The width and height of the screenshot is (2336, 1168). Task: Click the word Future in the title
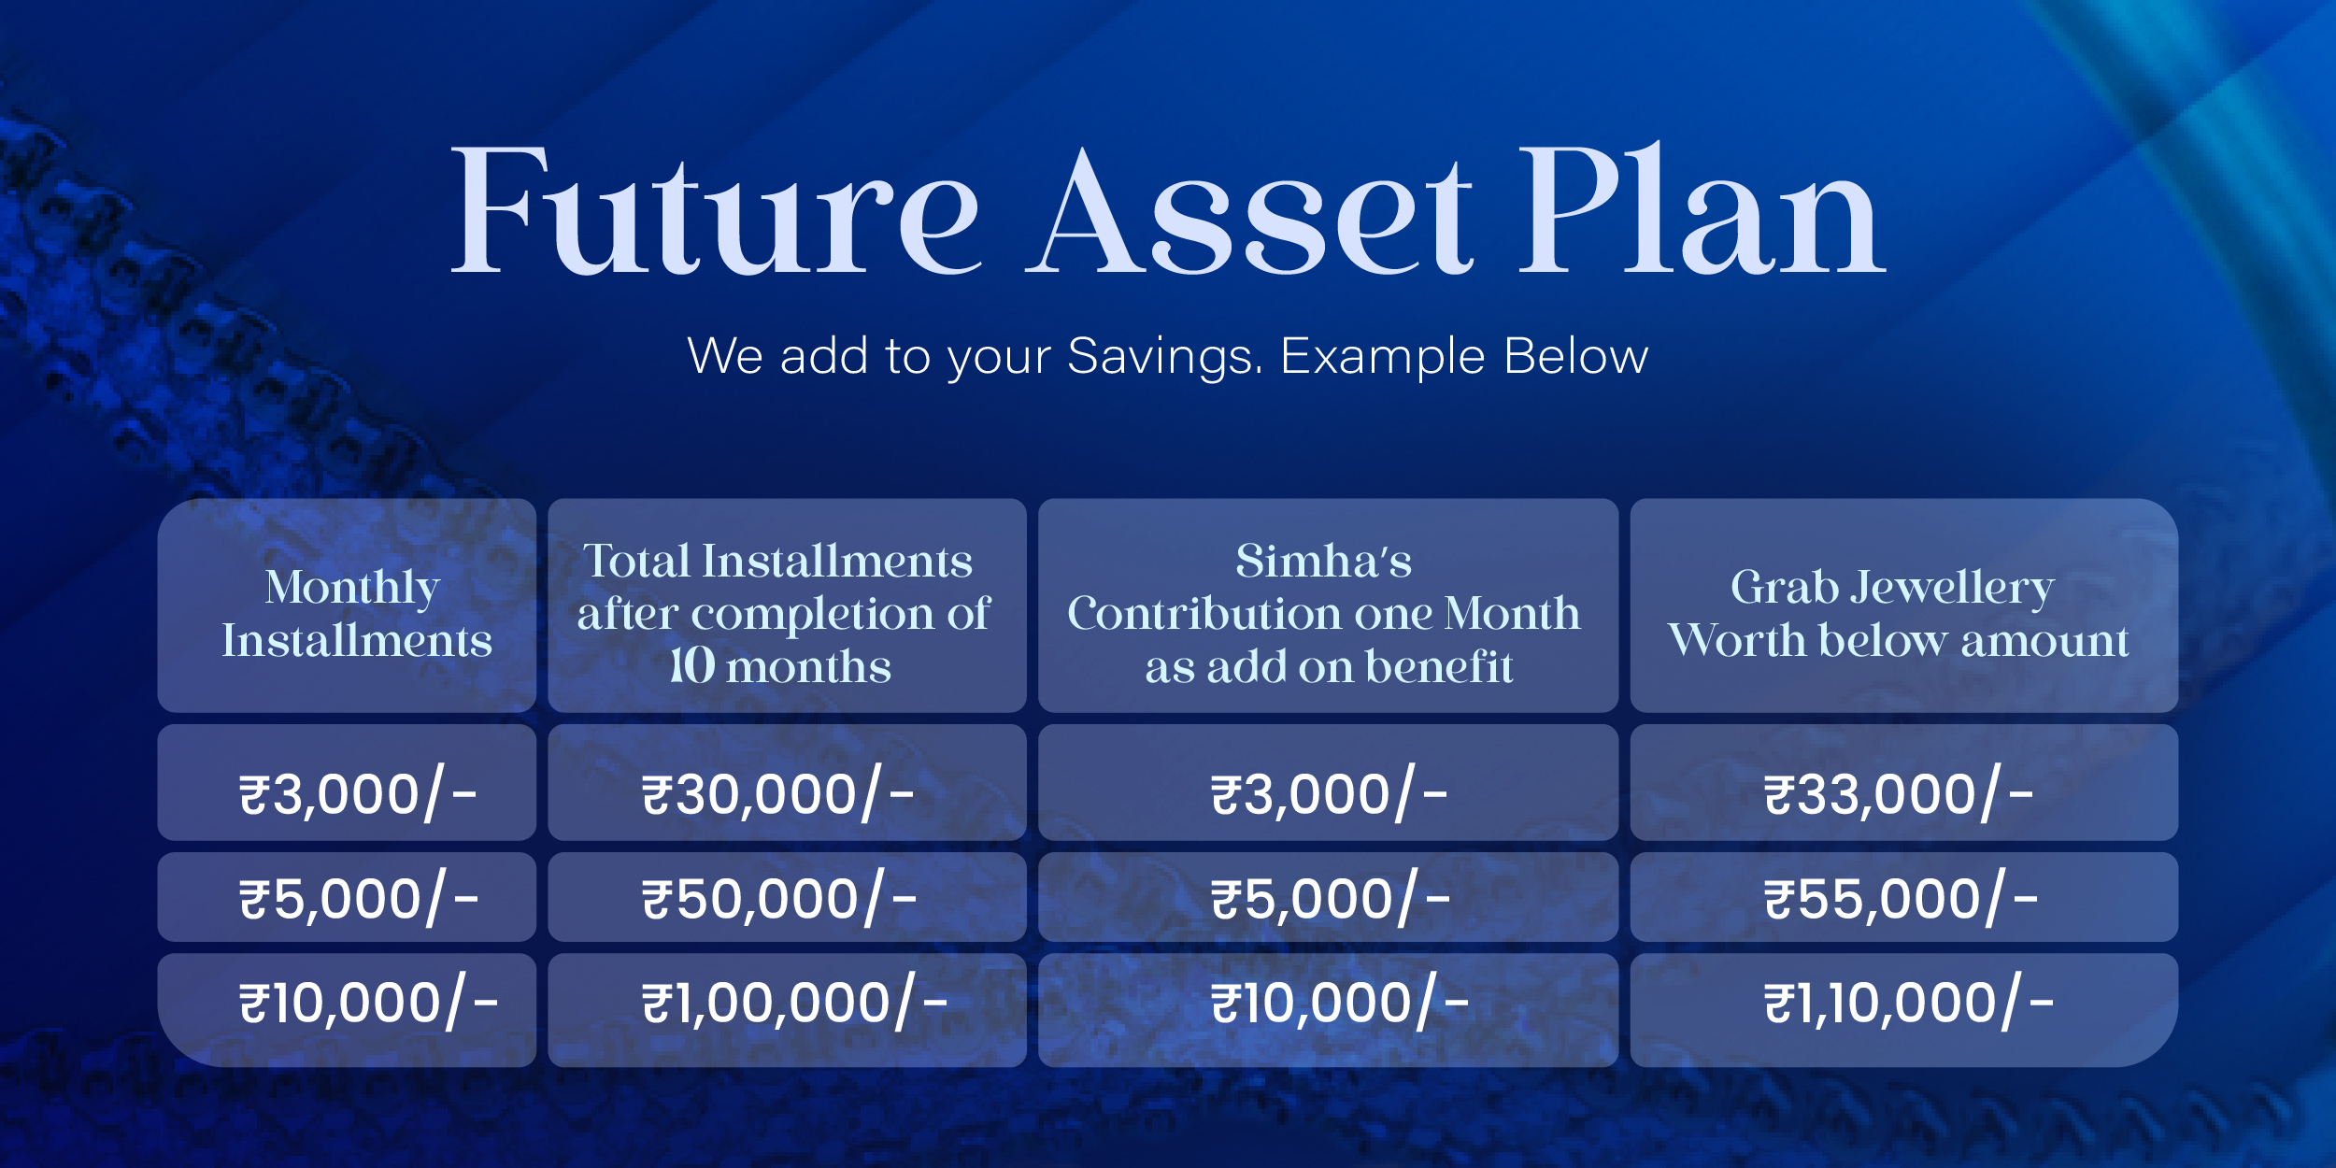click(716, 211)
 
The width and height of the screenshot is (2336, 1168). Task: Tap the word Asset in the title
click(1249, 211)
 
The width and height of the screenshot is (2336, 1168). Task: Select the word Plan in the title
click(1702, 209)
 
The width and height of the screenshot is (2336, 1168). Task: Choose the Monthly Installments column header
click(347, 605)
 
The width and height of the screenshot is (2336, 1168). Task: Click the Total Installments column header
click(787, 605)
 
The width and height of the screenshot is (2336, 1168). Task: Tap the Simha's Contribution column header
click(1328, 605)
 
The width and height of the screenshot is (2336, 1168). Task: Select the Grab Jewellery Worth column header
click(1904, 605)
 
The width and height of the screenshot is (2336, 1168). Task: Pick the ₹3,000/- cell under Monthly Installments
click(347, 782)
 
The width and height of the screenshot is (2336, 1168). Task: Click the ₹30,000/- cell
click(787, 782)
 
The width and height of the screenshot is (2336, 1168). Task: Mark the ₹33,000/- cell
click(1904, 782)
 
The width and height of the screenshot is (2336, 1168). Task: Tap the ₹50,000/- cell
click(787, 897)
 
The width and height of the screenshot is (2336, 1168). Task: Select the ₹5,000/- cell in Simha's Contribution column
click(1328, 897)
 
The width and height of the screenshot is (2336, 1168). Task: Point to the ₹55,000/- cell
click(1904, 897)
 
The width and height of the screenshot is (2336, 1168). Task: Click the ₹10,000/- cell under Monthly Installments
click(347, 1010)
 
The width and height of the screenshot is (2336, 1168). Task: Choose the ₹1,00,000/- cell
click(787, 1010)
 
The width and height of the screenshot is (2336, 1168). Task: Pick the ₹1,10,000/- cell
click(1904, 1010)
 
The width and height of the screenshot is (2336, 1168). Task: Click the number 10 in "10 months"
click(692, 666)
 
